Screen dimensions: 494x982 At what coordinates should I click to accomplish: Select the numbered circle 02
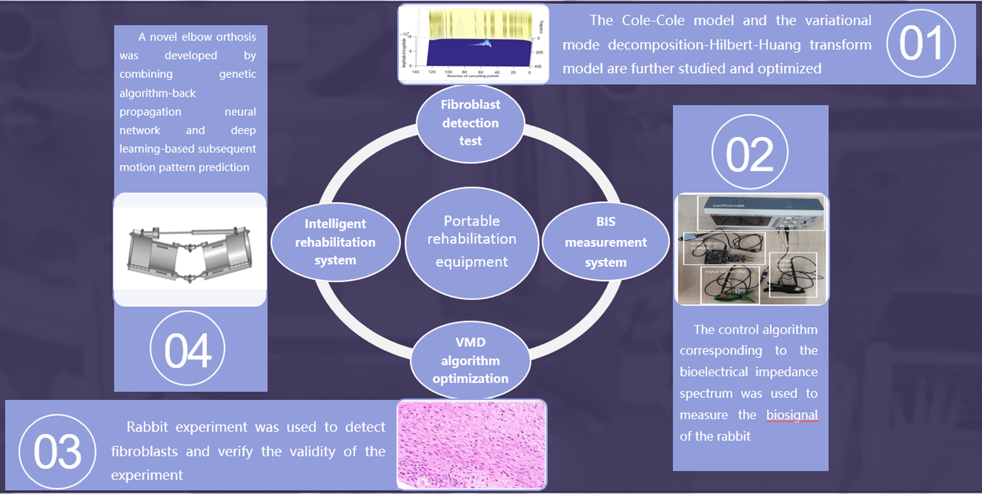(749, 152)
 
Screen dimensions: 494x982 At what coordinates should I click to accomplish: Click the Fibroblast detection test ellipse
(470, 123)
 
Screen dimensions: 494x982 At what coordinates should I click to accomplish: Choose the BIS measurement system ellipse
(605, 242)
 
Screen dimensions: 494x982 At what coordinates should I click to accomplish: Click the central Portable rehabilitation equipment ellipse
(472, 242)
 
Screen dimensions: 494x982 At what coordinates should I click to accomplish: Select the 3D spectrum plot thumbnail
(473, 44)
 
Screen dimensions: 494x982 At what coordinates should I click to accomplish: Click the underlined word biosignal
(792, 415)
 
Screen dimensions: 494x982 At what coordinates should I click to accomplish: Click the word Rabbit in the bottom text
(147, 427)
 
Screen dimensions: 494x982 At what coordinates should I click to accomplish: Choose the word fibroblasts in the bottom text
(144, 451)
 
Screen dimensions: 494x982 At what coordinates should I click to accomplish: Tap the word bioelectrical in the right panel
(714, 372)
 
